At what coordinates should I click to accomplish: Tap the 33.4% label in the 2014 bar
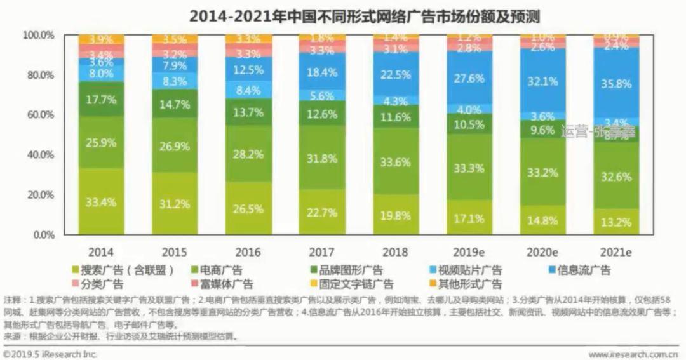click(x=102, y=203)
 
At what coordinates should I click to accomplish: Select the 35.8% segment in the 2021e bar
click(x=617, y=83)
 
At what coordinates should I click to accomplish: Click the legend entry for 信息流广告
click(x=577, y=270)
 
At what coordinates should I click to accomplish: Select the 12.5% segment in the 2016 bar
click(x=248, y=69)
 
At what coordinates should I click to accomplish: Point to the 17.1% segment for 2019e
click(x=469, y=218)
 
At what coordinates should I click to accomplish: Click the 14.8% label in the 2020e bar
click(x=543, y=221)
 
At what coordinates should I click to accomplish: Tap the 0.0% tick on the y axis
click(x=42, y=235)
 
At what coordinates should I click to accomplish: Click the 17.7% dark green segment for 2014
click(x=102, y=99)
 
